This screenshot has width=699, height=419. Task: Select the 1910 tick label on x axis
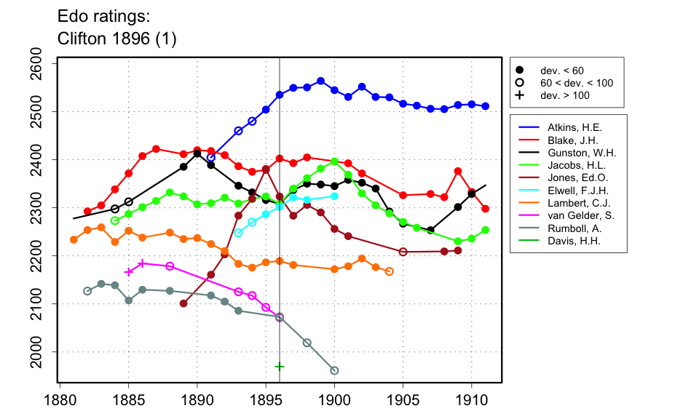pyautogui.click(x=472, y=399)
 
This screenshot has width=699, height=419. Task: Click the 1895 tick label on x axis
pyautogui.click(x=266, y=399)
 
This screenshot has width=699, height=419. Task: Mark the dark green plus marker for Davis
pyautogui.click(x=280, y=366)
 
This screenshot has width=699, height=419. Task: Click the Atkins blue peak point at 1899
pyautogui.click(x=320, y=81)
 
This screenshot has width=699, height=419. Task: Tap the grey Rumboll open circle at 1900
pyautogui.click(x=335, y=370)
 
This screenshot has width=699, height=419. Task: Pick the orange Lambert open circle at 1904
pyautogui.click(x=390, y=271)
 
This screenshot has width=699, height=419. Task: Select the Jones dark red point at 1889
pyautogui.click(x=183, y=303)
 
